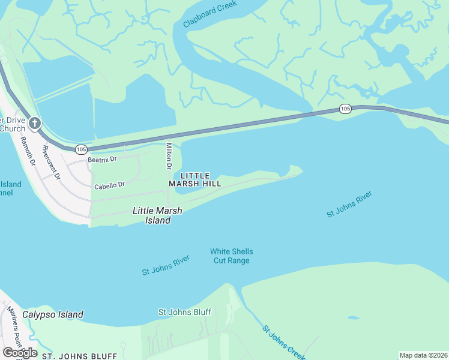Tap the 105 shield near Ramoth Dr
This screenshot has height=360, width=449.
pos(82,149)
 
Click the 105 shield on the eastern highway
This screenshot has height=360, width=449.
pos(345,109)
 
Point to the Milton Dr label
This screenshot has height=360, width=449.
pos(169,156)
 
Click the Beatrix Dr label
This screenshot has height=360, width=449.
pos(102,160)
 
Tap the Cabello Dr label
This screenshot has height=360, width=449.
pos(109,186)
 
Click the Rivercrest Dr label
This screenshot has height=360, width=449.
pos(52,162)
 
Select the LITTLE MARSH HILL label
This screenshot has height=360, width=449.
pos(195,179)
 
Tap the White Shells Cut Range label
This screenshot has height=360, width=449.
pos(231,256)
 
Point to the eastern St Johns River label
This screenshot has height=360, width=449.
pos(349,204)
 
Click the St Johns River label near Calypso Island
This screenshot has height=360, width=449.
pos(166,265)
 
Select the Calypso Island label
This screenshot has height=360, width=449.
pos(53,314)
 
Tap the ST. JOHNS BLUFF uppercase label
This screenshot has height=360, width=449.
pos(79,356)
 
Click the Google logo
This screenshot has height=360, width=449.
pos(20,353)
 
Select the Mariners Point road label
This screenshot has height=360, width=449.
pos(13,327)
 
